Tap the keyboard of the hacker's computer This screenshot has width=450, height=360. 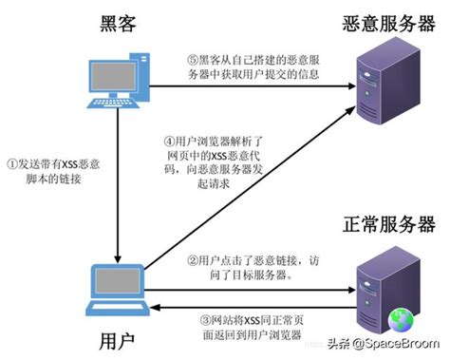click(112, 106)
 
